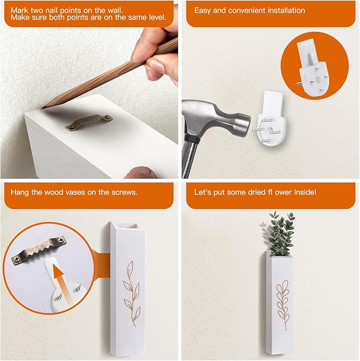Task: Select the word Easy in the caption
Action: coord(203,10)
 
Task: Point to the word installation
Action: coord(285,10)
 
